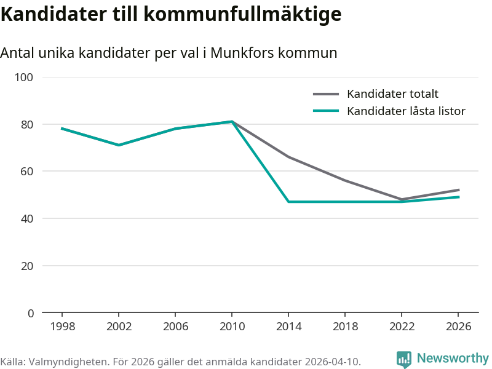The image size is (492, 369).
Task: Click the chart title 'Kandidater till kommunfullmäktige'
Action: (171, 14)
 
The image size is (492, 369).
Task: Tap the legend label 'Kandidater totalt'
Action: (392, 94)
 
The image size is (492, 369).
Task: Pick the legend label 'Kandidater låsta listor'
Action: (406, 111)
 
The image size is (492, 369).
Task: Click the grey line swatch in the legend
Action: (326, 94)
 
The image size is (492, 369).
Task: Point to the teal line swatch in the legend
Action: (326, 111)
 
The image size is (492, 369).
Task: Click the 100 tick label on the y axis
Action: (24, 77)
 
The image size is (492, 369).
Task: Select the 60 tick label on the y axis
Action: (27, 172)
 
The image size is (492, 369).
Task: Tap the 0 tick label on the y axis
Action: (30, 313)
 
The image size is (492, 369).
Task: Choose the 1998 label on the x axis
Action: (63, 327)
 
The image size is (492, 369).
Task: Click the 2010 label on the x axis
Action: (232, 327)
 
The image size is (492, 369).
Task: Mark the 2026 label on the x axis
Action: (458, 327)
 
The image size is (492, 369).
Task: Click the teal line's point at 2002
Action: (119, 145)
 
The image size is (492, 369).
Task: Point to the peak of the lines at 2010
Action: (232, 121)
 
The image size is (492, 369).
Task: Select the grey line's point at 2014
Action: (288, 157)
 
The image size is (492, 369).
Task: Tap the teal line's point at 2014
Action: (288, 202)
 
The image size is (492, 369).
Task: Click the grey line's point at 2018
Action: (345, 180)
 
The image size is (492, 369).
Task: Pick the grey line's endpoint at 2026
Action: (459, 190)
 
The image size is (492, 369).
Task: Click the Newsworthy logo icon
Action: (404, 359)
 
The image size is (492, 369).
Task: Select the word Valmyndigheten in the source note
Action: (68, 362)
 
